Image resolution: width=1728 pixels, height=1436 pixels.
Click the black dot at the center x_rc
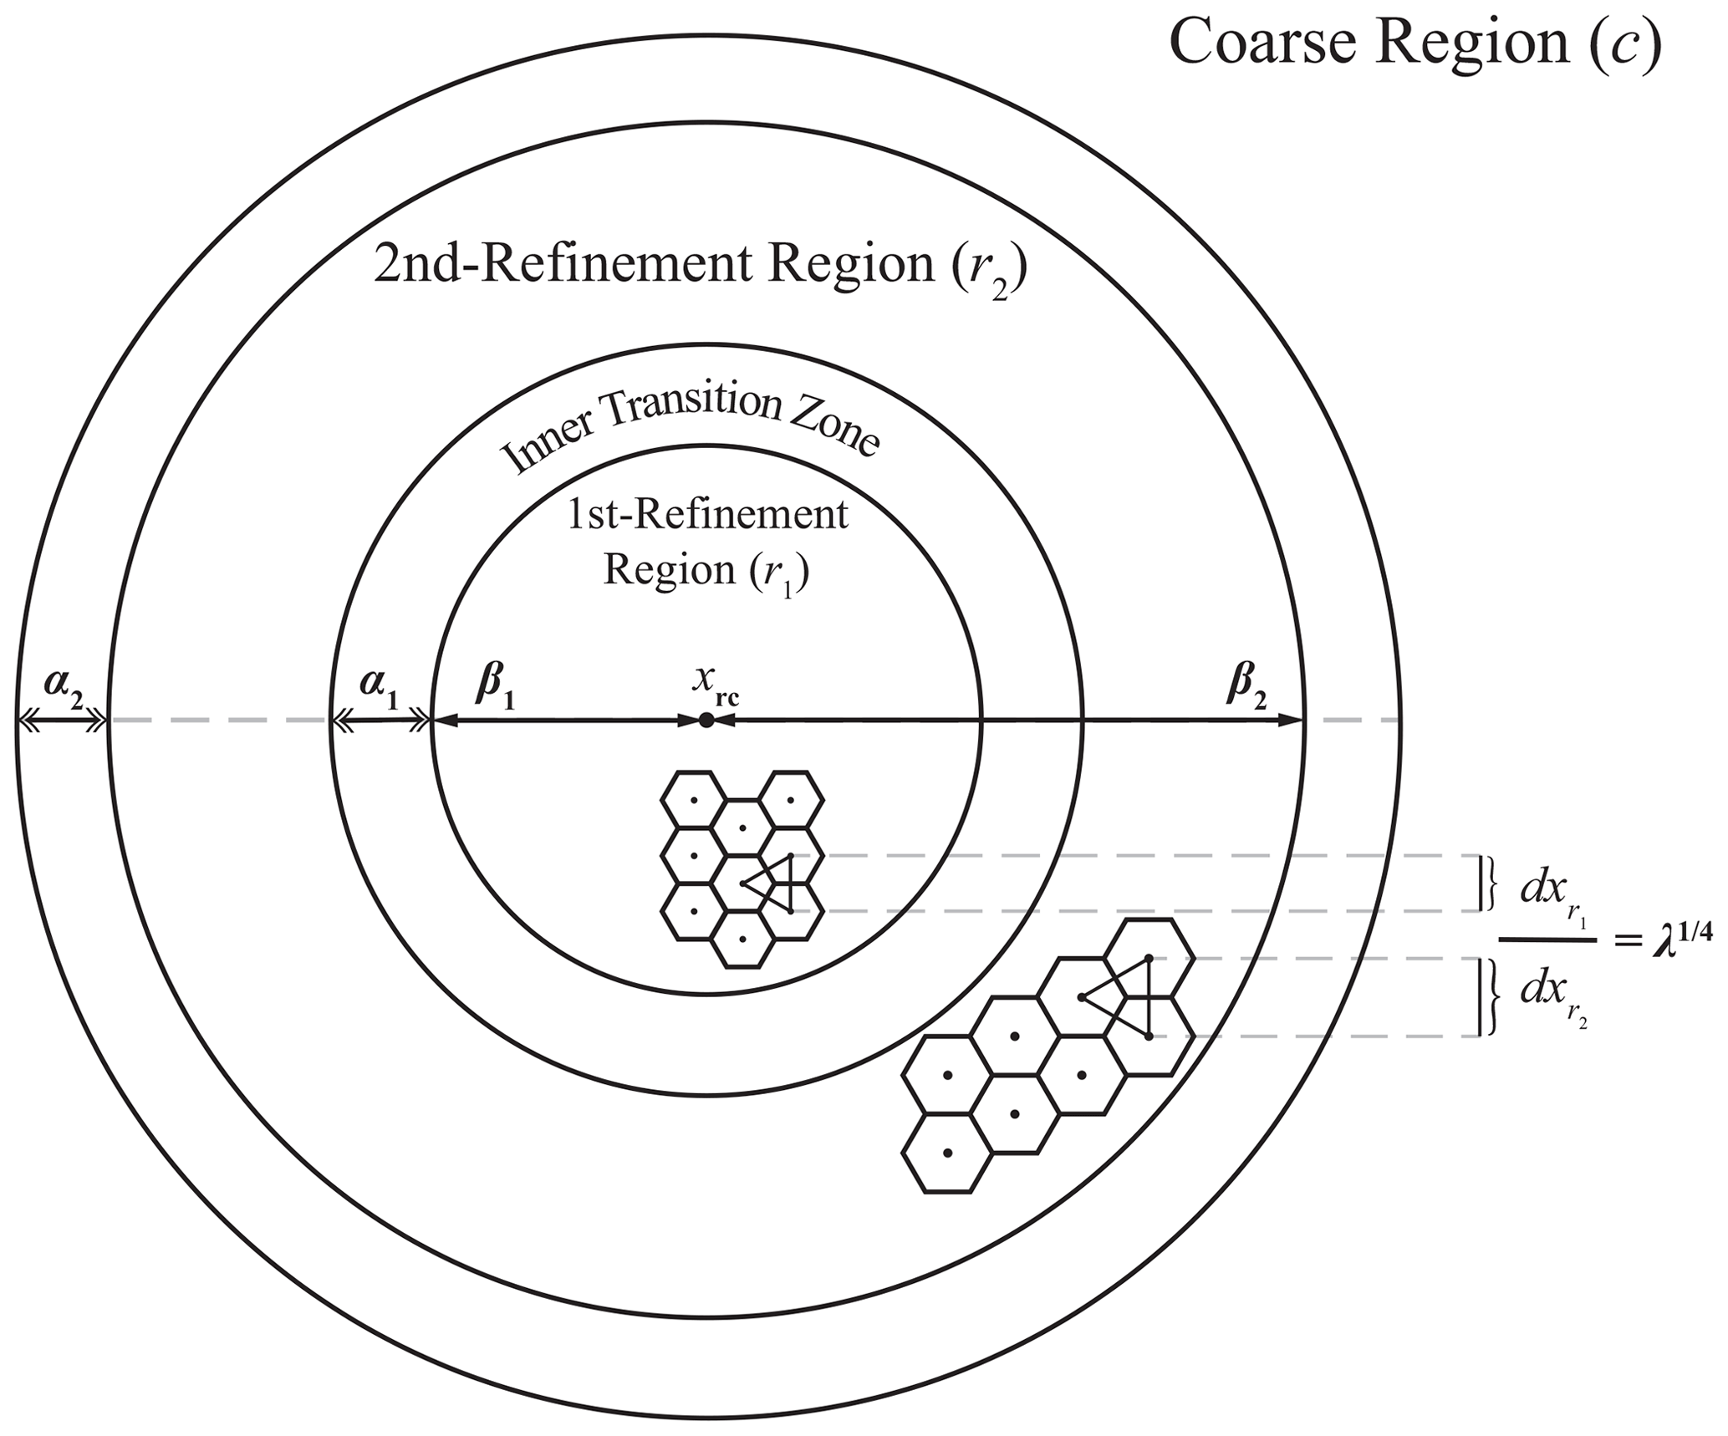coord(706,720)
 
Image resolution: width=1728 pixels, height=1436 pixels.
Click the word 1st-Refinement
coord(707,515)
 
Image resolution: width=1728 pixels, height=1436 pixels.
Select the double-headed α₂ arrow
coord(63,720)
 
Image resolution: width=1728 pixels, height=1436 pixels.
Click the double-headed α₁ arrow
coord(381,720)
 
